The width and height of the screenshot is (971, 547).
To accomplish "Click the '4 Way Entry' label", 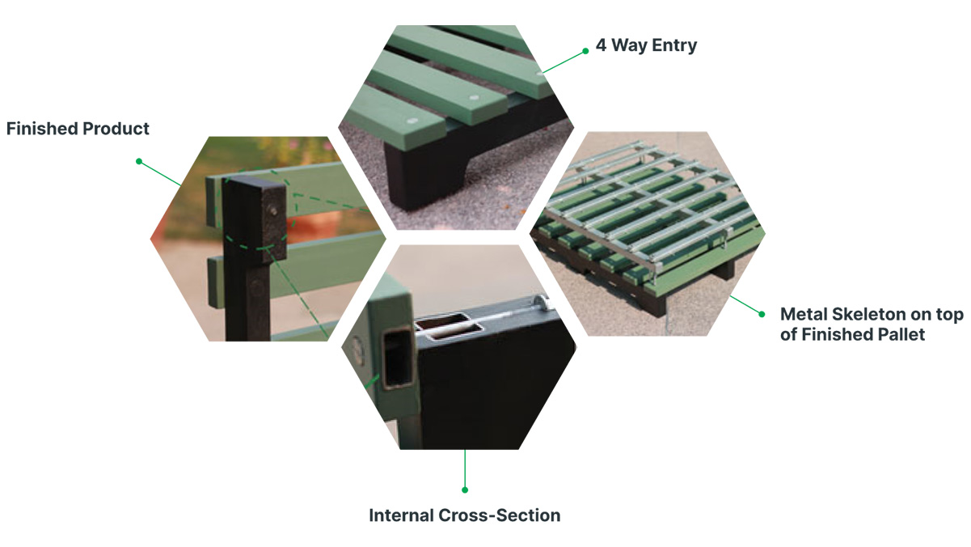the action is tap(646, 45).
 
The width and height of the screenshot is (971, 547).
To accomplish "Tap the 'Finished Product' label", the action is tap(78, 129).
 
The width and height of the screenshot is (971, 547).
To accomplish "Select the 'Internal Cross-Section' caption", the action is tap(465, 515).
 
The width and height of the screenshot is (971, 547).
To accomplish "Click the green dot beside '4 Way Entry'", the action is tap(585, 51).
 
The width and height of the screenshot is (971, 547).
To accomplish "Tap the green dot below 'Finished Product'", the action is tap(139, 161).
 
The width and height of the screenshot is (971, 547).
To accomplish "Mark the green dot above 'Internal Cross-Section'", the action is tap(465, 490).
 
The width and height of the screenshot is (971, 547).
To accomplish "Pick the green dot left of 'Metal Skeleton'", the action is tap(762, 315).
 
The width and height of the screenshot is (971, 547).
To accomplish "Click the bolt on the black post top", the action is tap(273, 211).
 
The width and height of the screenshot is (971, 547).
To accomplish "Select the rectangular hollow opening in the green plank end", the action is tap(398, 358).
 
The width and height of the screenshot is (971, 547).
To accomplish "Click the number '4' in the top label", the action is tap(601, 45).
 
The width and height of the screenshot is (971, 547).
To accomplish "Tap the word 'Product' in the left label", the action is tap(116, 129).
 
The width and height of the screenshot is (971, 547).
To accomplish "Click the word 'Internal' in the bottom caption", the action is tap(401, 515).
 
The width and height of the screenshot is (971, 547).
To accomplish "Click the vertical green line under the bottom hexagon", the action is tap(465, 469).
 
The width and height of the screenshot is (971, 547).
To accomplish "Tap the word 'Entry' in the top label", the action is tap(674, 45).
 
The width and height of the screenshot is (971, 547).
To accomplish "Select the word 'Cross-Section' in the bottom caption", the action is tap(500, 515).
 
